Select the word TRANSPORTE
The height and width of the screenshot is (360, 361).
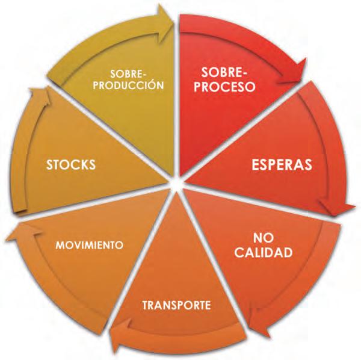click(x=176, y=305)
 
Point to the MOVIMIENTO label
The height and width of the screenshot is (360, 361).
click(x=90, y=246)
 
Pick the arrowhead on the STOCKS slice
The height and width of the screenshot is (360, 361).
click(x=38, y=96)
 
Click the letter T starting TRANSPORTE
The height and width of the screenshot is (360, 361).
click(x=146, y=305)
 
